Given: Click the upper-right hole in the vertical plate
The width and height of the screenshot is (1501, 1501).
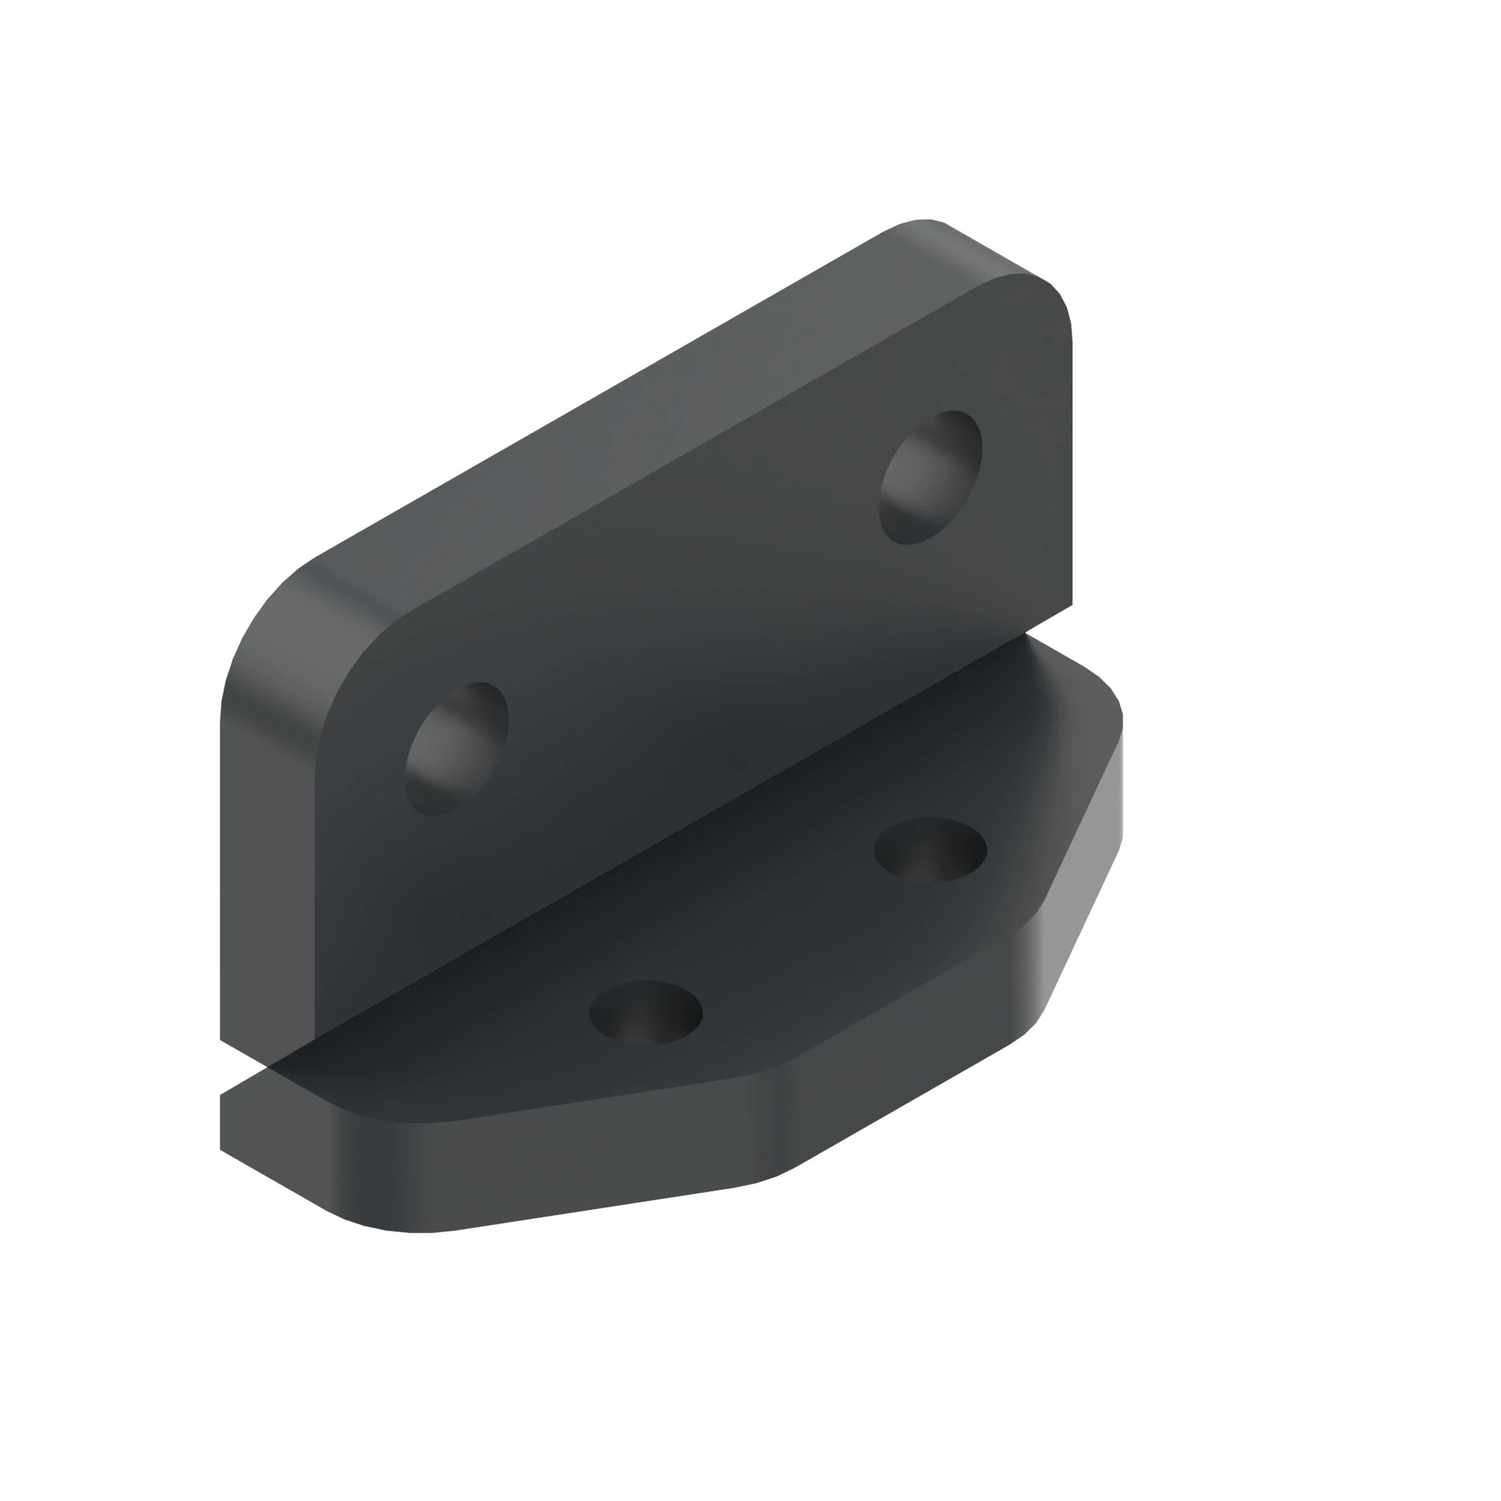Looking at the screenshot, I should click(930, 477).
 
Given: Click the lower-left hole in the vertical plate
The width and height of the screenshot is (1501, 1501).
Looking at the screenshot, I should click(457, 748).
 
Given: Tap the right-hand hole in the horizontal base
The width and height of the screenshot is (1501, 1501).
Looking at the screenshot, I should click(930, 850).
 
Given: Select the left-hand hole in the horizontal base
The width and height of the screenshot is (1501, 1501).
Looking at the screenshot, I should click(645, 1012).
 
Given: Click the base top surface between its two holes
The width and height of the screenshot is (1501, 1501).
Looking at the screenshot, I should click(785, 932).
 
